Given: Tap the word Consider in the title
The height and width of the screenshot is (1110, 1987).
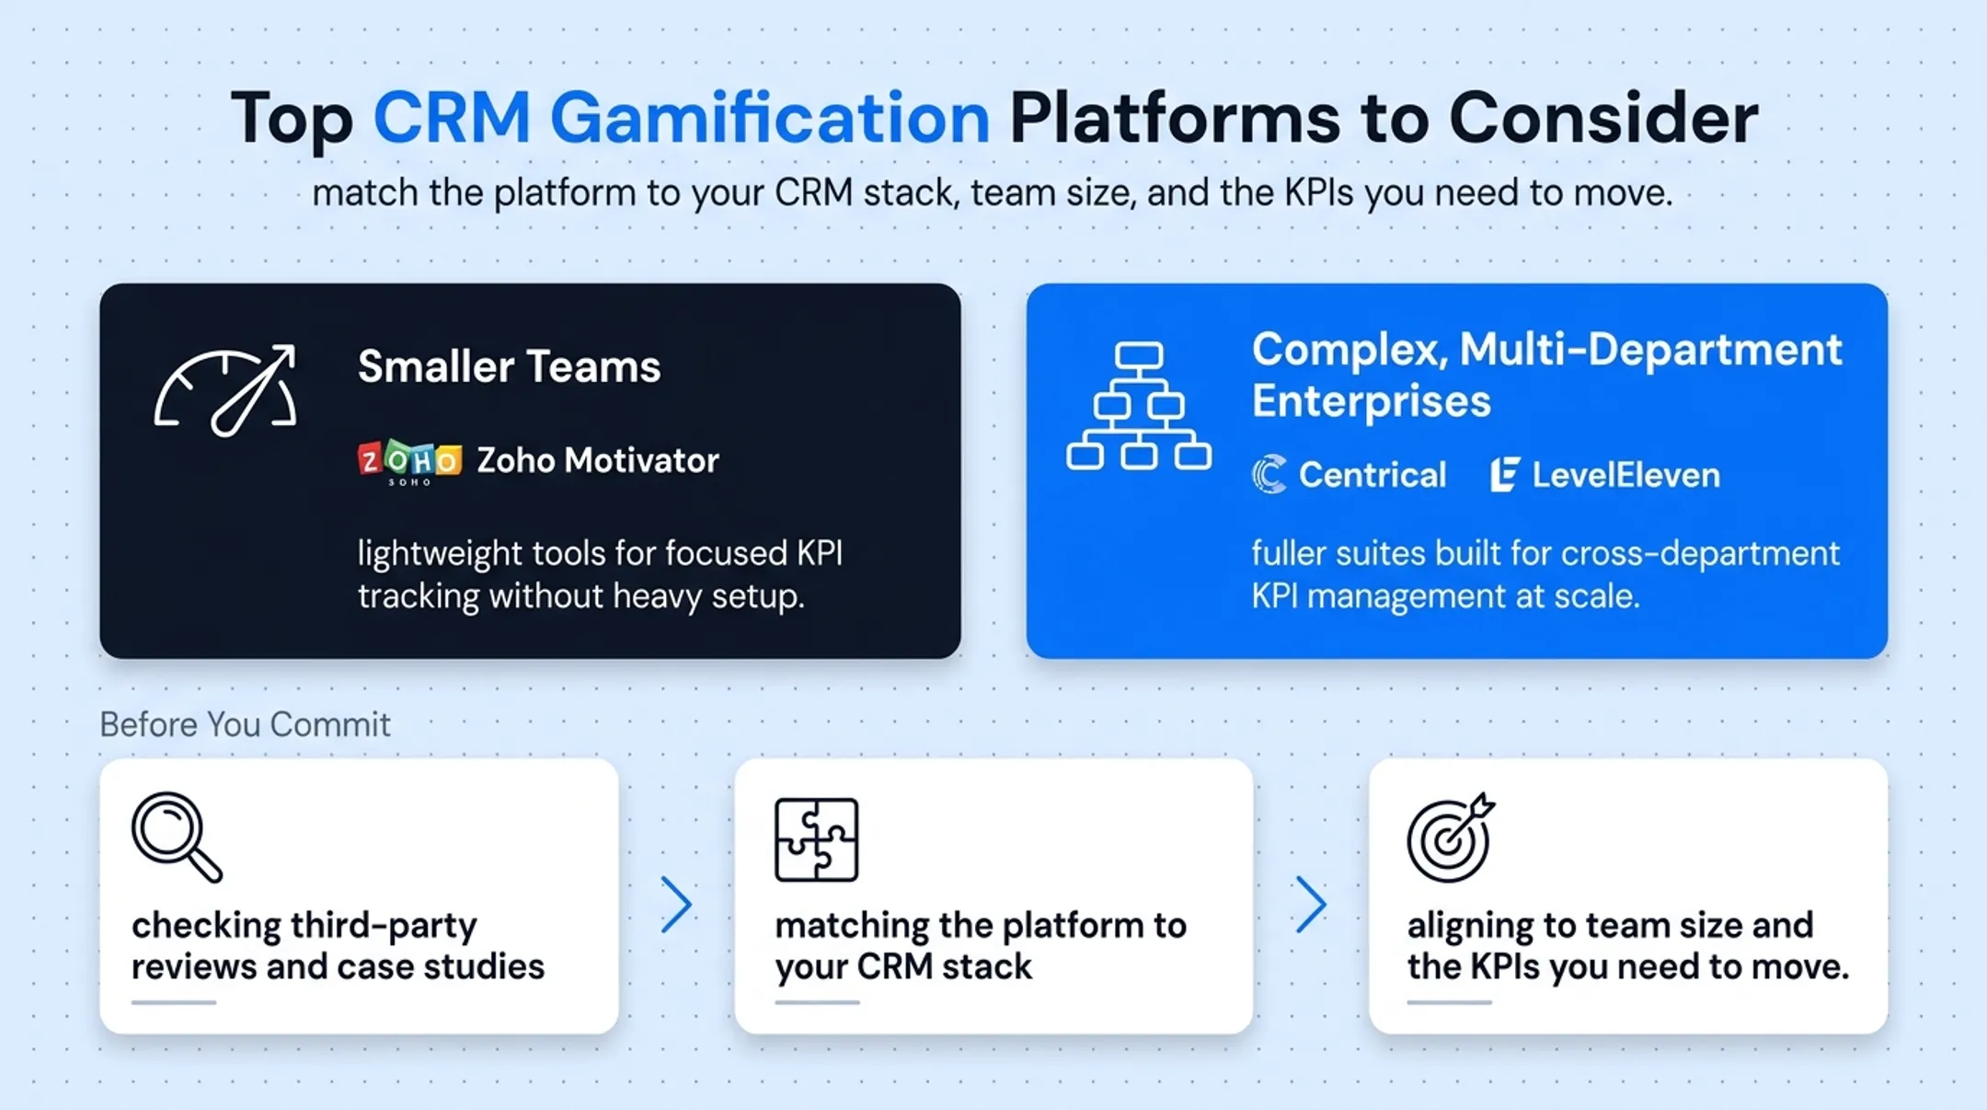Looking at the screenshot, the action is pyautogui.click(x=1603, y=118).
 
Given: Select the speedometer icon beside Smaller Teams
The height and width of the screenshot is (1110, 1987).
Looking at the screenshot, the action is pyautogui.click(x=226, y=390).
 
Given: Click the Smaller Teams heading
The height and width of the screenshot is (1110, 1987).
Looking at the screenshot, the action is pyautogui.click(x=509, y=366).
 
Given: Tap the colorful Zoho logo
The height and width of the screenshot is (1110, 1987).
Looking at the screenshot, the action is pyautogui.click(x=409, y=461).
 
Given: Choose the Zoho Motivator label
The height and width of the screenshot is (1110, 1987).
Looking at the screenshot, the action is pyautogui.click(x=598, y=460).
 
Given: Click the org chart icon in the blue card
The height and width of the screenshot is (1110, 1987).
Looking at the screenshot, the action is pyautogui.click(x=1139, y=406).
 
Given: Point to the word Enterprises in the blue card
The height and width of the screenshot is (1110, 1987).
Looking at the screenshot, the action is pyautogui.click(x=1371, y=401).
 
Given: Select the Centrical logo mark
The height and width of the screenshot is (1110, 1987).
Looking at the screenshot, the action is pyautogui.click(x=1269, y=475).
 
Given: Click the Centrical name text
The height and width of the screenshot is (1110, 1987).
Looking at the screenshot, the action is pyautogui.click(x=1372, y=475).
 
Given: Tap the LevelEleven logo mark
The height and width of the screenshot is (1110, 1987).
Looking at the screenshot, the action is pyautogui.click(x=1504, y=475).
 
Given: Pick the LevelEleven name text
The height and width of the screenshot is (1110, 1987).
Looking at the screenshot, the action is pyautogui.click(x=1625, y=475).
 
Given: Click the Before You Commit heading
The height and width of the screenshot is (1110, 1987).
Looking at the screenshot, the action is pyautogui.click(x=245, y=724).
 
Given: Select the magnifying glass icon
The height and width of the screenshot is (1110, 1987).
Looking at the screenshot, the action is pyautogui.click(x=177, y=837).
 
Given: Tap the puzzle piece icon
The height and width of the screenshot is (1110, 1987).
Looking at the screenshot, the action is pyautogui.click(x=816, y=839).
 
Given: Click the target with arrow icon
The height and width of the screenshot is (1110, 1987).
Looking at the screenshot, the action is pyautogui.click(x=1450, y=838).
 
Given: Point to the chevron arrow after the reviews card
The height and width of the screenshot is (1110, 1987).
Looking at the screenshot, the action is pyautogui.click(x=676, y=905).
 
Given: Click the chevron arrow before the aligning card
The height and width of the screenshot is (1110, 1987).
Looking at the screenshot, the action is pyautogui.click(x=1311, y=905).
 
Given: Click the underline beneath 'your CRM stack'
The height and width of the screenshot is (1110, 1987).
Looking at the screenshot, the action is pyautogui.click(x=817, y=1002).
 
